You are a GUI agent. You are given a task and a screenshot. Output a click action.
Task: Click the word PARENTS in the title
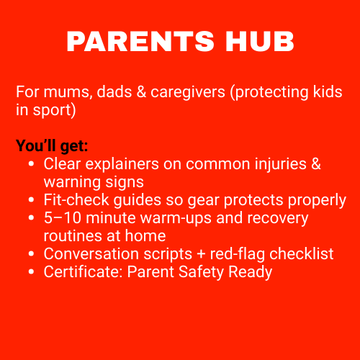click(x=140, y=41)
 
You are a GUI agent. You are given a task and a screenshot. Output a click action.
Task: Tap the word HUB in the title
click(x=260, y=41)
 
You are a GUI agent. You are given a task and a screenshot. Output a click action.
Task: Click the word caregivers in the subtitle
click(x=188, y=93)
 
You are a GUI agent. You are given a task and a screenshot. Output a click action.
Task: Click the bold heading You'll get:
click(x=52, y=146)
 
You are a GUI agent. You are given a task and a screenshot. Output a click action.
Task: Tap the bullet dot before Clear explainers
click(x=31, y=164)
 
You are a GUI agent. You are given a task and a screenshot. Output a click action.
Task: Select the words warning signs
click(x=94, y=182)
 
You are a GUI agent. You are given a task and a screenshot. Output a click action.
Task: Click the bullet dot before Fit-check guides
click(x=31, y=200)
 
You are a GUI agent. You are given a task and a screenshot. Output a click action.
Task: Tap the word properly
click(x=317, y=200)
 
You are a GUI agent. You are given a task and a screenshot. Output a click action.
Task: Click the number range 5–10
click(x=63, y=218)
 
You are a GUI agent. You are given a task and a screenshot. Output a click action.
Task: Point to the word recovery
click(x=278, y=219)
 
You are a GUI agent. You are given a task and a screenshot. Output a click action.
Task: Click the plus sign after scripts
click(x=201, y=254)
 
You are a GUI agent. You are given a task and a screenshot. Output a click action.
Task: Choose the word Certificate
click(x=83, y=271)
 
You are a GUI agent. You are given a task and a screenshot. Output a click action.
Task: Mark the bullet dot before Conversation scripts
click(x=31, y=254)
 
